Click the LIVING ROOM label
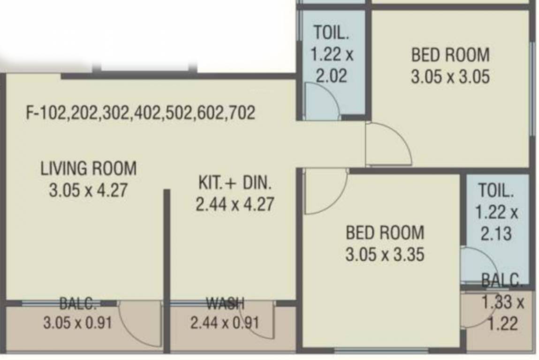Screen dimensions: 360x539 [x=88, y=168]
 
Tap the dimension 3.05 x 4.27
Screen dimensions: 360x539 [x=88, y=191]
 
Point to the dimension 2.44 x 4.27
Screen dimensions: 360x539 [x=235, y=205]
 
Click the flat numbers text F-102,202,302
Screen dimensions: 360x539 [x=141, y=113]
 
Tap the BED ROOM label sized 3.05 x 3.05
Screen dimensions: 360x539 [x=450, y=55]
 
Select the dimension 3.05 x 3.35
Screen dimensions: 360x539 [x=385, y=255]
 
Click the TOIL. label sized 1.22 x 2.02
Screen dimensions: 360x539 [x=331, y=33]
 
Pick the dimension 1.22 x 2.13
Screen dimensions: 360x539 [x=496, y=223]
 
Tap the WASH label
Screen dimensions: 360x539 [x=226, y=304]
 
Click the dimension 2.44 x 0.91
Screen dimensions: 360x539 [x=225, y=323]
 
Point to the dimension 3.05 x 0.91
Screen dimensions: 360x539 [x=77, y=323]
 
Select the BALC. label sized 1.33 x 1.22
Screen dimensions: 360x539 [x=501, y=281]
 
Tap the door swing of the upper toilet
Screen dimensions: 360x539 [x=321, y=101]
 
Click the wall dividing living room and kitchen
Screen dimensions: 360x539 [x=166, y=262]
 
